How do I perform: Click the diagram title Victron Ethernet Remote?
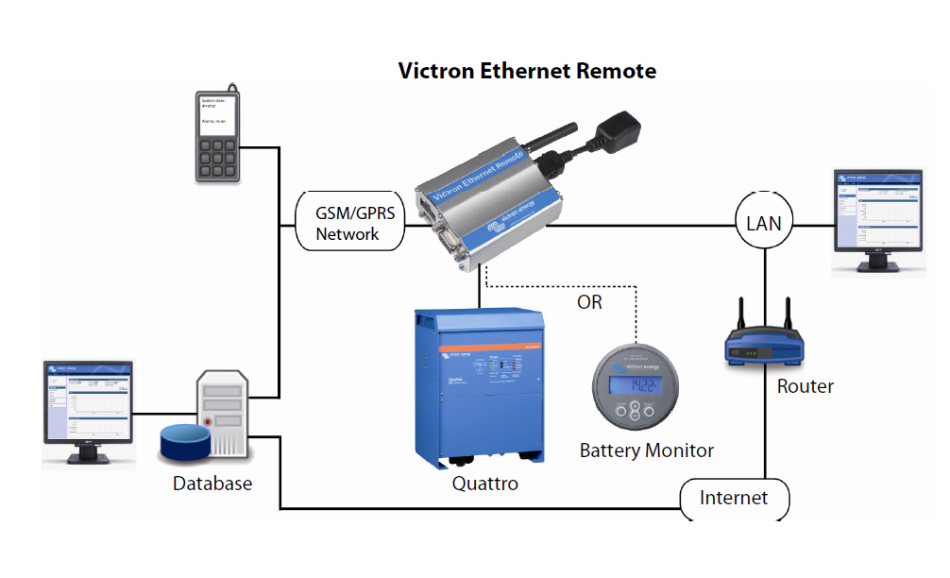click(x=527, y=71)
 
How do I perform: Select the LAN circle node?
click(x=764, y=224)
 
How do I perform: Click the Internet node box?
click(x=734, y=498)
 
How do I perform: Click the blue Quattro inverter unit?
click(x=479, y=386)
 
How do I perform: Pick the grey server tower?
click(x=225, y=413)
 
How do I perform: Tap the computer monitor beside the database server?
click(x=90, y=411)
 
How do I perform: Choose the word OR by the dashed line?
click(x=589, y=302)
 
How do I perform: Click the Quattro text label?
click(x=484, y=484)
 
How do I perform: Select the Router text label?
click(x=805, y=385)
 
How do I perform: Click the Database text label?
click(x=212, y=484)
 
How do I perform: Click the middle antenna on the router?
click(x=763, y=314)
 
